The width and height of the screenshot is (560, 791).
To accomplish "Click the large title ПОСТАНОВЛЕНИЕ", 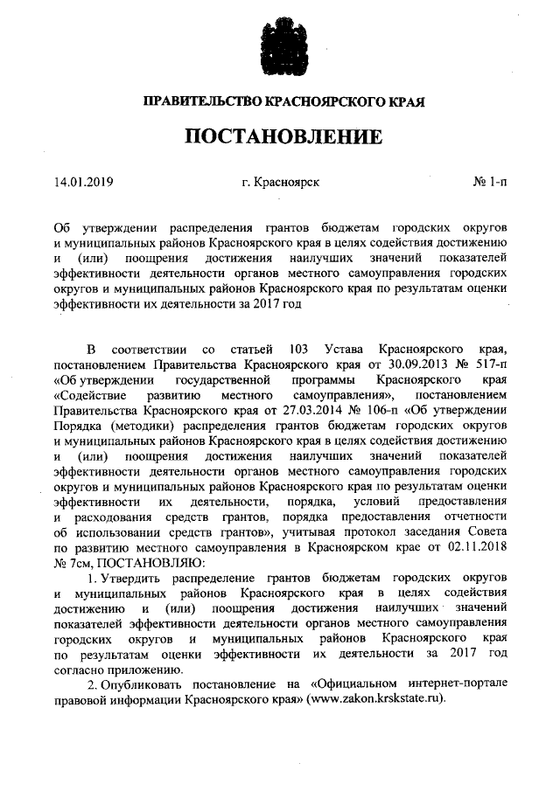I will (x=280, y=137).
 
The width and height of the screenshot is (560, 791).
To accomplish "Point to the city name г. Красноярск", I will (x=280, y=183).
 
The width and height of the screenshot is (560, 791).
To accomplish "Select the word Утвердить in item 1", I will (x=137, y=579).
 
